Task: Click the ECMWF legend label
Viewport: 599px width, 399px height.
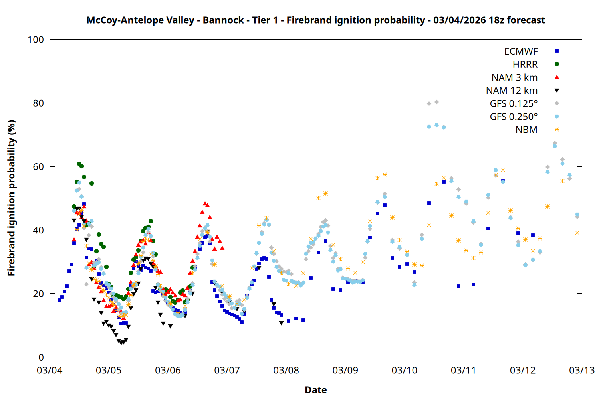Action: tap(521, 51)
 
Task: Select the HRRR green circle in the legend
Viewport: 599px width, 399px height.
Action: tap(557, 64)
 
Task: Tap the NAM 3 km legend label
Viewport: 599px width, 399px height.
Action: tap(514, 77)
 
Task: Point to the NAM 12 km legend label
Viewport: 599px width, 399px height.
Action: tap(512, 91)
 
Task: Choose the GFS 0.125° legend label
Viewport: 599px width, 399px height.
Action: tap(514, 104)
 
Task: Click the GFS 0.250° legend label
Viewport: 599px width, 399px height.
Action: tap(514, 117)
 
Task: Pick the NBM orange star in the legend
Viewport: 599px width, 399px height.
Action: tap(557, 130)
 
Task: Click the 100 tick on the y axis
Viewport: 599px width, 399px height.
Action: tap(36, 40)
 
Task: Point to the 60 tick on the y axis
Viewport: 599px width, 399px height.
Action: tap(38, 167)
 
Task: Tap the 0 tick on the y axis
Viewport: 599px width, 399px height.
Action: tap(41, 358)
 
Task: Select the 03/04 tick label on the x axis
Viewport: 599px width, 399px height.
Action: tap(50, 371)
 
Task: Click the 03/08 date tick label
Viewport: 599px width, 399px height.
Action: tap(286, 371)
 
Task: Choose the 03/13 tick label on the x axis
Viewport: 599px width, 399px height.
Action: tap(581, 371)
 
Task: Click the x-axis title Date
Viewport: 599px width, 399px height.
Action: tap(315, 390)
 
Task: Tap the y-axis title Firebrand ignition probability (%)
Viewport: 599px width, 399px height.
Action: tap(11, 198)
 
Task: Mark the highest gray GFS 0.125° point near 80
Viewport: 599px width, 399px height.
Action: tap(436, 102)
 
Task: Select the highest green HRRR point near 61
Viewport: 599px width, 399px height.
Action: tap(79, 164)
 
